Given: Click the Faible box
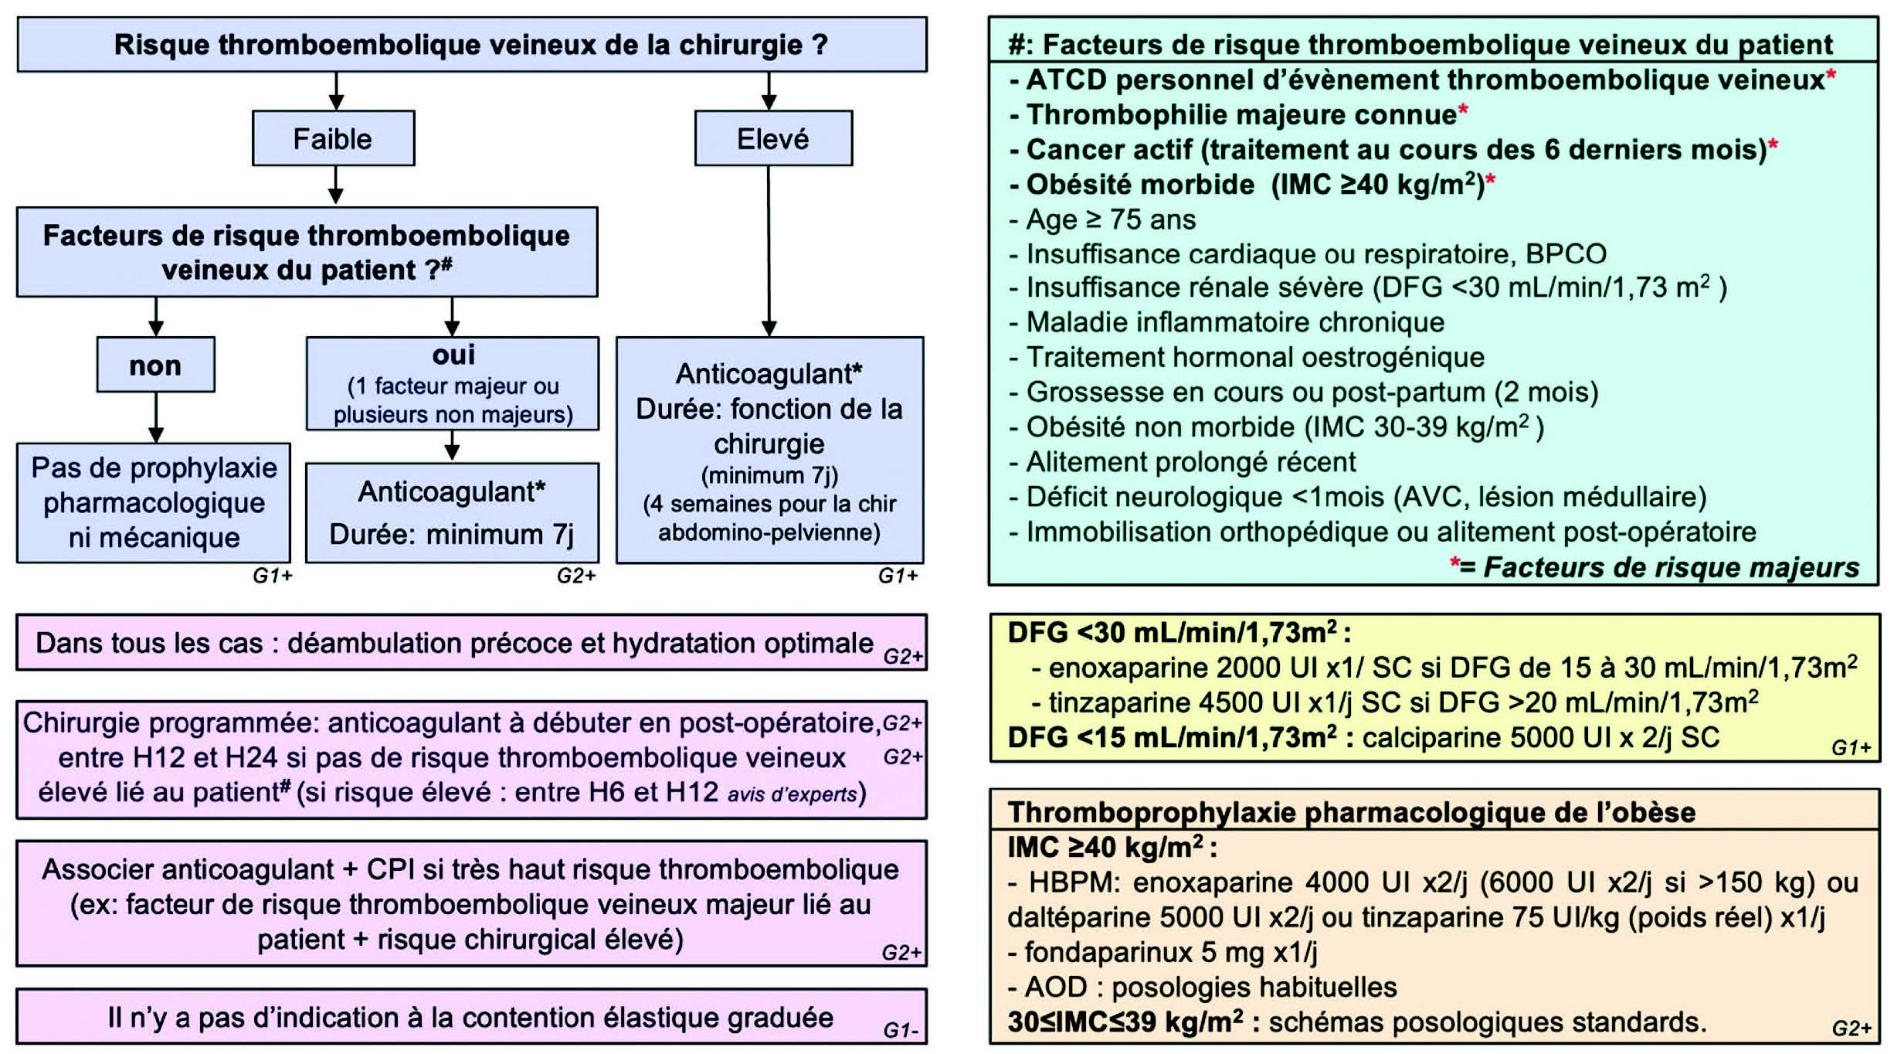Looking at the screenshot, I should coord(333,139).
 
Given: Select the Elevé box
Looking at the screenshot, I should coord(773,139).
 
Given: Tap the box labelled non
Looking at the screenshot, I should coord(155,365).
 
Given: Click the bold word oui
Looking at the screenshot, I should coord(453,355).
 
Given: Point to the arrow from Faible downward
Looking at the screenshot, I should coord(335,185).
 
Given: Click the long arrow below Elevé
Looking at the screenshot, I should coord(769,251).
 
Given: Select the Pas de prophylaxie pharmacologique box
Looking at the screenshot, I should coord(154,502).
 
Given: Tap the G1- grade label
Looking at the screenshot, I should coord(901,1030).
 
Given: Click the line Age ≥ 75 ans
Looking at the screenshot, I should coord(1111,219).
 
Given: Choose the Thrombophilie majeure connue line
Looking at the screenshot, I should coord(1241,115).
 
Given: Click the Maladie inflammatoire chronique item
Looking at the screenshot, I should coord(1234,322).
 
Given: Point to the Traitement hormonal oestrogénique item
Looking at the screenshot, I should coord(1254,357).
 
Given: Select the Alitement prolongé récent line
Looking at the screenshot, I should coord(1190,462).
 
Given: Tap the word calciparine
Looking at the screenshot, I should coord(1431,738).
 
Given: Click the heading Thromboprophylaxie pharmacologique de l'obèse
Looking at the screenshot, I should coord(1351,812).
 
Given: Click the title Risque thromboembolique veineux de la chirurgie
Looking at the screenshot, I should coord(471,45).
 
